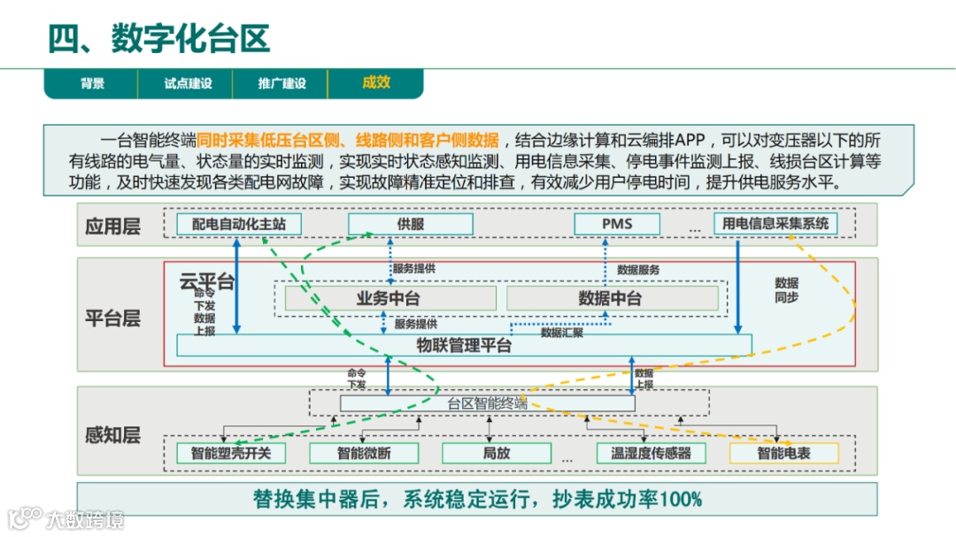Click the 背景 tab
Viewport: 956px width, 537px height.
pos(93,84)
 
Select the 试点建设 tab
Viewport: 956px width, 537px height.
pos(188,84)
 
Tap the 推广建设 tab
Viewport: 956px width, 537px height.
pos(281,84)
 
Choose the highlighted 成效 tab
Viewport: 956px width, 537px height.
pos(375,83)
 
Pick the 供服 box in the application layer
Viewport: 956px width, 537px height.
pos(411,224)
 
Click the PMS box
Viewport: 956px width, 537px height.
pos(617,224)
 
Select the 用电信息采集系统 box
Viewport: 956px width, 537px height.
pos(775,224)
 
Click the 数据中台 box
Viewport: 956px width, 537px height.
pos(610,298)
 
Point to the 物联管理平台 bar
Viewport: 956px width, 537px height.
pos(464,345)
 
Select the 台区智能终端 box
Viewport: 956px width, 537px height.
pos(487,403)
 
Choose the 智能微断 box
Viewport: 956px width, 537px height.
pos(363,454)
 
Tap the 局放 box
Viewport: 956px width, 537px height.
pos(496,454)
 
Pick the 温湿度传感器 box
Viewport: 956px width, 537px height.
pos(644,454)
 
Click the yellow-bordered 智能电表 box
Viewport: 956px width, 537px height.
pos(783,454)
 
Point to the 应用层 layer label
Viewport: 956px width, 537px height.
pos(112,226)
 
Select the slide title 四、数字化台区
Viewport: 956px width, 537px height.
pos(159,39)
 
